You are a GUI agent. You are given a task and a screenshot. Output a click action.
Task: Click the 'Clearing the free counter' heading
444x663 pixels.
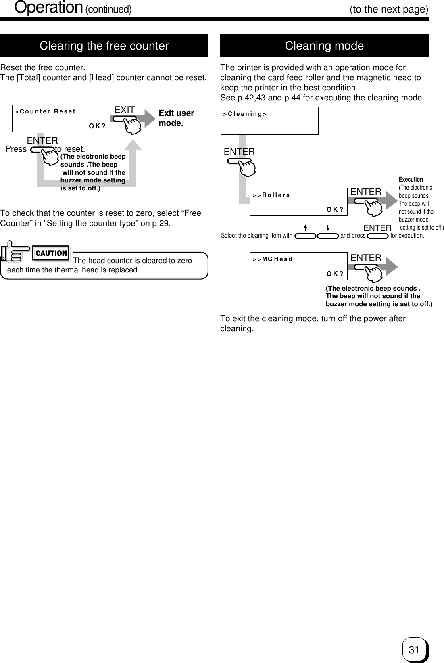[104, 46]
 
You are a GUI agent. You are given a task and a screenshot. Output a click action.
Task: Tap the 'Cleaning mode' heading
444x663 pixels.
[324, 46]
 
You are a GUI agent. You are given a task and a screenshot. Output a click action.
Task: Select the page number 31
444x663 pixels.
[413, 650]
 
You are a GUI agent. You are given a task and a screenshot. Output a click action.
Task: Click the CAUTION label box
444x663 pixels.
[51, 253]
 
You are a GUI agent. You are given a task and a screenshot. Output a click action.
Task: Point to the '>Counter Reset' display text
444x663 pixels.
[45, 112]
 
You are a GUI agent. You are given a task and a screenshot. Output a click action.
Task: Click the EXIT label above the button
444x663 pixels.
[125, 110]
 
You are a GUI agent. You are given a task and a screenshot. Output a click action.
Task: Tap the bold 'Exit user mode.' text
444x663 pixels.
[176, 118]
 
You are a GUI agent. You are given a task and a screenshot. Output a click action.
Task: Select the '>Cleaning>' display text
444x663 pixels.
[245, 114]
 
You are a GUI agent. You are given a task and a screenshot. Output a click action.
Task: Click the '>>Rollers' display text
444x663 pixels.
[271, 195]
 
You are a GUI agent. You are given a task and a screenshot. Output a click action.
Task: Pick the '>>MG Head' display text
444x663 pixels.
[273, 259]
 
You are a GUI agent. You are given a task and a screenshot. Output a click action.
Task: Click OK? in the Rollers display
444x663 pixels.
[335, 209]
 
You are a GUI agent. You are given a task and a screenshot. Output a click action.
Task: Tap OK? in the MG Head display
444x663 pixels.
[335, 274]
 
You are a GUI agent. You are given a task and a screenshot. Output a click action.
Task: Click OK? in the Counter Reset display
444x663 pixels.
[97, 126]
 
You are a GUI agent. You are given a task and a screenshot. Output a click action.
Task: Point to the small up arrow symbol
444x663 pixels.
[305, 228]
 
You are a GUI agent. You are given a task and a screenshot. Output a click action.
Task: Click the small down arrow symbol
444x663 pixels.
[328, 228]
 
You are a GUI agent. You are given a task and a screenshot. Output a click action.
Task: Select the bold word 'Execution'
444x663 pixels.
[411, 179]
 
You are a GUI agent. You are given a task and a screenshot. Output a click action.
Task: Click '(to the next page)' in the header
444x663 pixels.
[389, 9]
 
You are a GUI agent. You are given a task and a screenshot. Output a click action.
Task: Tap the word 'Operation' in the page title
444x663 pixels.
[49, 7]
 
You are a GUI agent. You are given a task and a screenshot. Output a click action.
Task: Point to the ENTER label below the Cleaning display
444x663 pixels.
[239, 152]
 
